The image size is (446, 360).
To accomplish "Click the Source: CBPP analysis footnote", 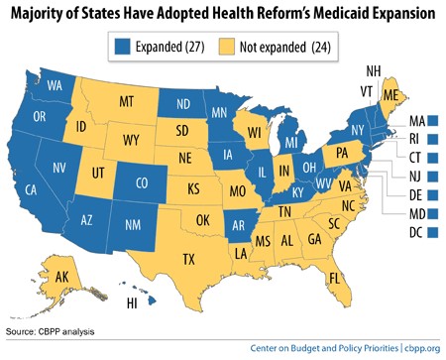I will (49, 328).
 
